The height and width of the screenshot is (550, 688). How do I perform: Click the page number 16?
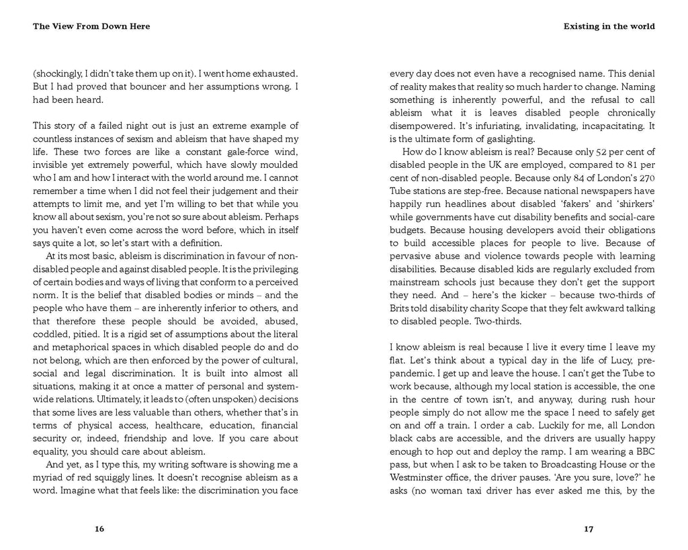(99, 529)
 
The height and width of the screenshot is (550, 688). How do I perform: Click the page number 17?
(589, 529)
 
